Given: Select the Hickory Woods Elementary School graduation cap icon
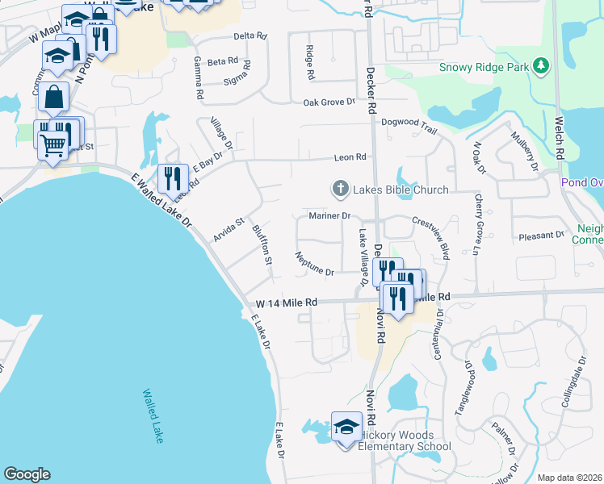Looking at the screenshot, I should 346,425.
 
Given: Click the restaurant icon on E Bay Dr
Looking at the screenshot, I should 172,177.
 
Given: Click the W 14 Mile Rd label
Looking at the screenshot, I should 287,302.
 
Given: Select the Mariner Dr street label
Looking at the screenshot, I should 329,216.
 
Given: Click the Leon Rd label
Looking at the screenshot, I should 351,157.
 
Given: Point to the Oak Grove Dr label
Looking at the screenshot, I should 329,102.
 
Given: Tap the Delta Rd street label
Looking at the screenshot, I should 250,36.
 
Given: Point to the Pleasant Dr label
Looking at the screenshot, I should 541,236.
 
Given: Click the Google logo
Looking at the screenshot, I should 27,474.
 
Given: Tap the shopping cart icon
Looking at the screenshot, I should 52,146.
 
